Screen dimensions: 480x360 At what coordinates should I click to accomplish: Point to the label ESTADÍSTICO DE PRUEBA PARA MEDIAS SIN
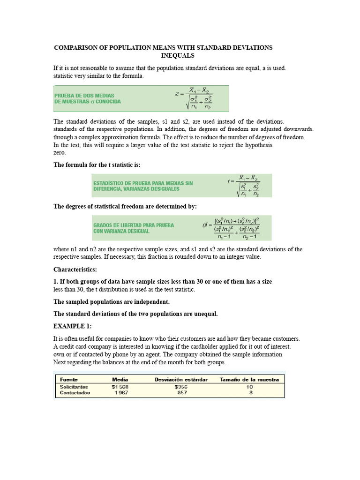[143, 182]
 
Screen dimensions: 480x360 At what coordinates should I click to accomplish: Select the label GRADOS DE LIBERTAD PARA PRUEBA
[134, 225]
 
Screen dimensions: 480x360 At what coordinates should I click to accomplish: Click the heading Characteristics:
[75, 270]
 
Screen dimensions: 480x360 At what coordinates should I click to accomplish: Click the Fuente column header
[69, 379]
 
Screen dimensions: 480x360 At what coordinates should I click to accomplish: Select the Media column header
[120, 379]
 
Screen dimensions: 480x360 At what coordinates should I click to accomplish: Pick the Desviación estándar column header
[180, 379]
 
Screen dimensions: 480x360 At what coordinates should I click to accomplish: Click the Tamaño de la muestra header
[249, 379]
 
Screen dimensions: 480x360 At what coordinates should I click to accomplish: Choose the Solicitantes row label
[74, 387]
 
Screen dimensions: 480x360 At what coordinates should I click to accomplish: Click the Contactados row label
[75, 393]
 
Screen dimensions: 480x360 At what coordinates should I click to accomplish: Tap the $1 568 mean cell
[120, 387]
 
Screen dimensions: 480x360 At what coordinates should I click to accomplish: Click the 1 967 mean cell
[121, 393]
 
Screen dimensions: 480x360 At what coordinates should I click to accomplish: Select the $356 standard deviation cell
[180, 387]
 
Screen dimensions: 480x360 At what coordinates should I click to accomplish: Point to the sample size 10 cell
[249, 387]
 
